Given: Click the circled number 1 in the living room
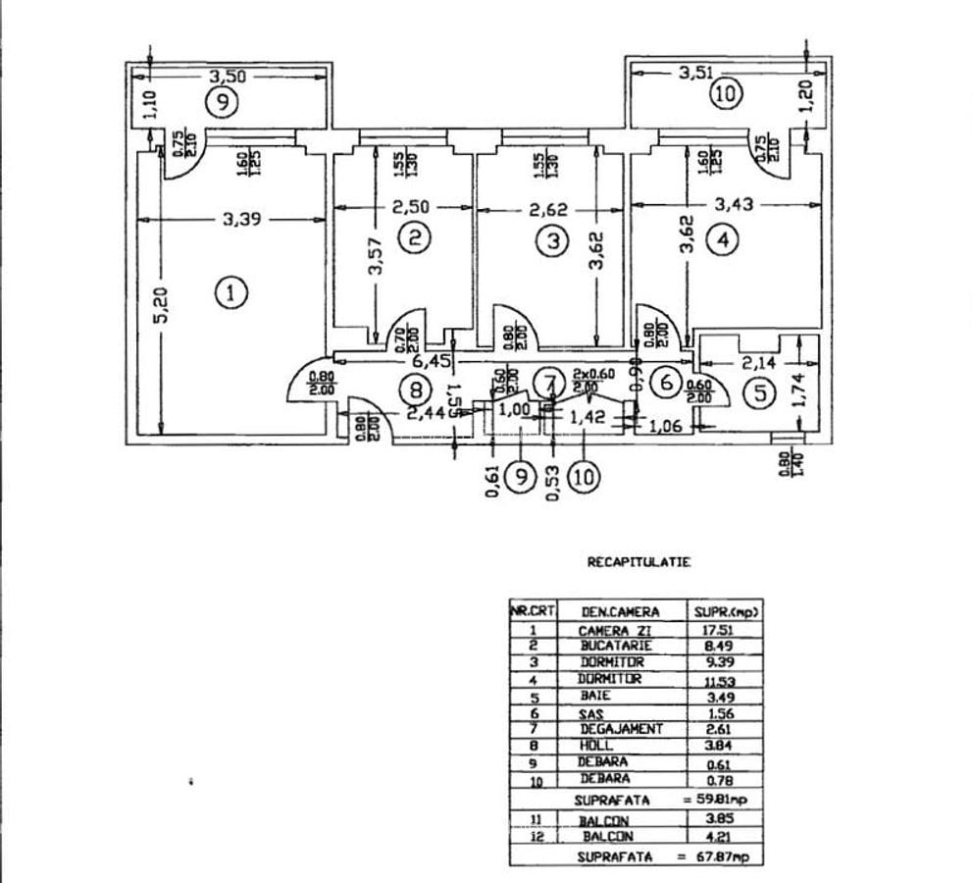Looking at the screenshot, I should pyautogui.click(x=231, y=292).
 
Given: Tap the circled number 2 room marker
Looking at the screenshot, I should pyautogui.click(x=417, y=237).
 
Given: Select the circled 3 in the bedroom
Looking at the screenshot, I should pyautogui.click(x=554, y=239).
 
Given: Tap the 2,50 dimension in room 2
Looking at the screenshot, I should pyautogui.click(x=411, y=207).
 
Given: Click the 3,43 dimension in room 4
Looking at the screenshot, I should pyautogui.click(x=733, y=205).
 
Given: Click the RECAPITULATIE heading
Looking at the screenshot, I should pyautogui.click(x=639, y=562).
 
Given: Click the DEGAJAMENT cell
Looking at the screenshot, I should pyautogui.click(x=622, y=729).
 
